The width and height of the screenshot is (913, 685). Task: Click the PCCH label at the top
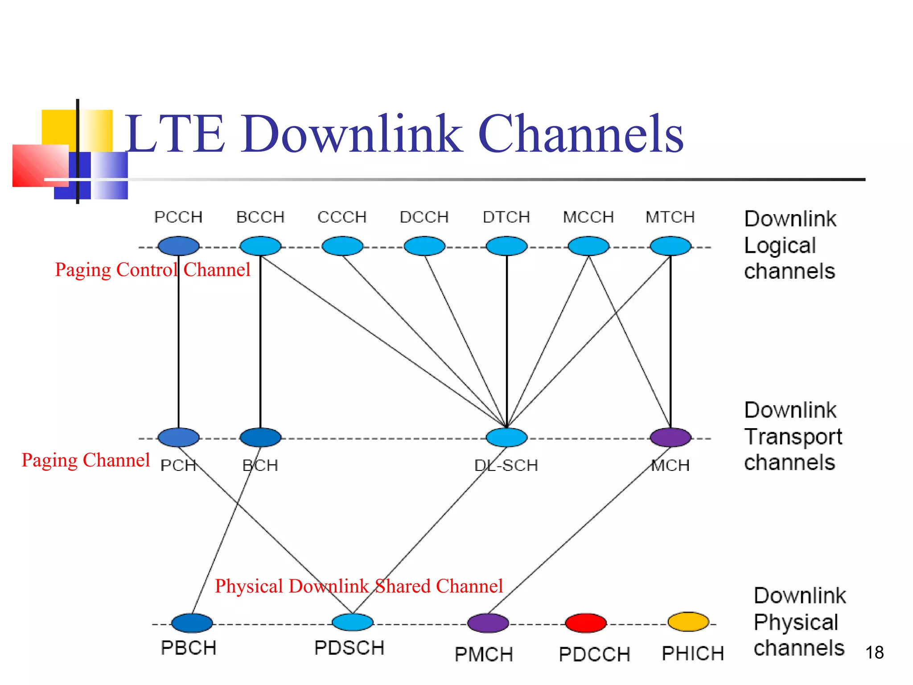pos(178,217)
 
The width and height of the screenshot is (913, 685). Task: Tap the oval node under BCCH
pos(260,246)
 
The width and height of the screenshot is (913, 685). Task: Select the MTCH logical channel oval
pos(670,246)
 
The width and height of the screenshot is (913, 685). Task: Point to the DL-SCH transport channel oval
pos(506,437)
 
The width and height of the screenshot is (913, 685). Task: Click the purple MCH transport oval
pos(670,437)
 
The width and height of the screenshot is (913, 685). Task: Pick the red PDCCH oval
pos(586,623)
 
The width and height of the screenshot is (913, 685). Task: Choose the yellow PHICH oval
pos(688,622)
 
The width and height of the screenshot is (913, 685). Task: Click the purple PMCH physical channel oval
pos(488,623)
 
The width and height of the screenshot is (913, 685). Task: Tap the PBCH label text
pos(189,648)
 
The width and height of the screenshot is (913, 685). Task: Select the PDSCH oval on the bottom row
pos(352,622)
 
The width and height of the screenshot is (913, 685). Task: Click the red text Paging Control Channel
pos(152,270)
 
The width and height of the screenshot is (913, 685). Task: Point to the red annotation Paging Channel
pos(86,460)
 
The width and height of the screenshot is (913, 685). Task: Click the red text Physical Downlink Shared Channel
pos(359,586)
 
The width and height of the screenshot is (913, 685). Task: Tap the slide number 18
pos(874,653)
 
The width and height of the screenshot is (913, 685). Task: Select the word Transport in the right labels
pos(793,437)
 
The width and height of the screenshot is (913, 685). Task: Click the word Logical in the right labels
pos(780,246)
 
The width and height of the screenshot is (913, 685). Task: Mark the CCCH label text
pos(342,217)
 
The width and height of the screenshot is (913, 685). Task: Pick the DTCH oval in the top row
pos(506,246)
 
